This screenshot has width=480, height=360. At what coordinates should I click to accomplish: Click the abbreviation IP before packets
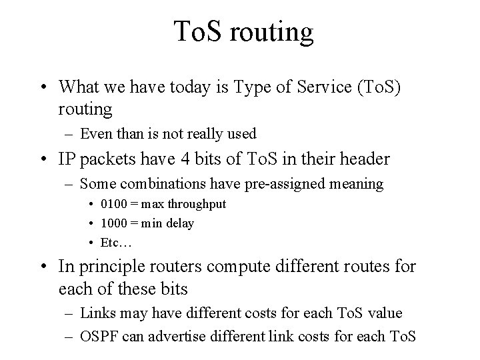[68, 159]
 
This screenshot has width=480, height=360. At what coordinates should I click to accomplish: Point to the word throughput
[193, 204]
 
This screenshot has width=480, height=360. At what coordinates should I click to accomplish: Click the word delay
[179, 223]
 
